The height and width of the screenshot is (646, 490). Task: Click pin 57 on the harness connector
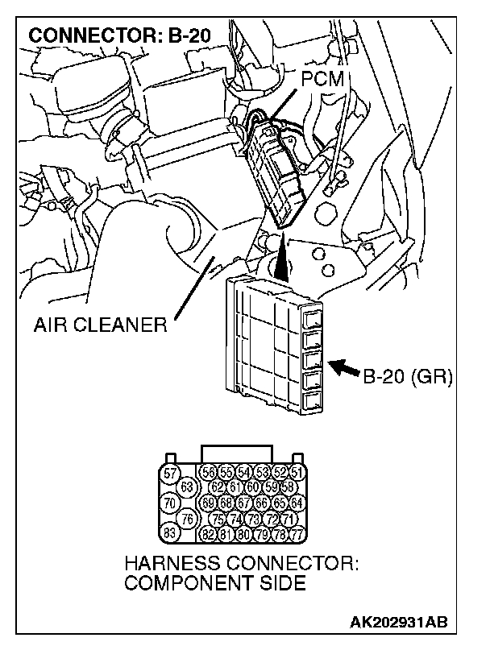(169, 474)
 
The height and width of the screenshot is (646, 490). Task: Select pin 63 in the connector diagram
(187, 487)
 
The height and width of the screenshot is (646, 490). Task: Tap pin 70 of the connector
(169, 503)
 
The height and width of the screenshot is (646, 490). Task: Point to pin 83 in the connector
(169, 532)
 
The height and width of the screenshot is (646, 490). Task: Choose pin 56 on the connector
(209, 474)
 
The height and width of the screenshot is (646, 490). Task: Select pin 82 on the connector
(209, 532)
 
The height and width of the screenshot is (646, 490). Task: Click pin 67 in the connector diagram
(244, 503)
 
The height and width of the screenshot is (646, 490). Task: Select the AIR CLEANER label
(99, 326)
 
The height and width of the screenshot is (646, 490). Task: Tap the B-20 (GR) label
(409, 375)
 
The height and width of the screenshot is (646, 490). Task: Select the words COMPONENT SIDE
(215, 582)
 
